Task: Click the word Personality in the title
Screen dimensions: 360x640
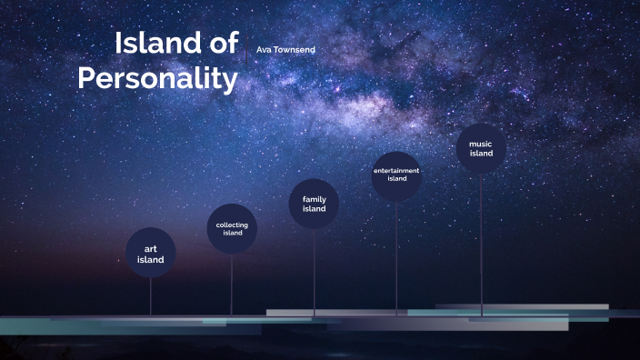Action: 157,78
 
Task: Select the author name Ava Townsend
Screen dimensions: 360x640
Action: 285,49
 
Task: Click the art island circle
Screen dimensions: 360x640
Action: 151,253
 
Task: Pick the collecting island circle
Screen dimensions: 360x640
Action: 232,228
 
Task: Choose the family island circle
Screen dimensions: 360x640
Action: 315,204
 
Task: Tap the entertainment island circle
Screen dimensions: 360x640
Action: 397,175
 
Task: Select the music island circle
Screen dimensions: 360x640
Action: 482,148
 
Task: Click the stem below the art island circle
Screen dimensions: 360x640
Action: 151,295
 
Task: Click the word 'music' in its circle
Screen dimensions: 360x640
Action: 482,144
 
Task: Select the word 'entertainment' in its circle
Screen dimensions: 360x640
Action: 397,170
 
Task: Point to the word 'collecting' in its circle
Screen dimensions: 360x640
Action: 232,225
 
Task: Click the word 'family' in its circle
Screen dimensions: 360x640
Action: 315,198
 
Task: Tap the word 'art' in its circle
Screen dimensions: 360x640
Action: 151,248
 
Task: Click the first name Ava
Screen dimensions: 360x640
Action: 265,49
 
